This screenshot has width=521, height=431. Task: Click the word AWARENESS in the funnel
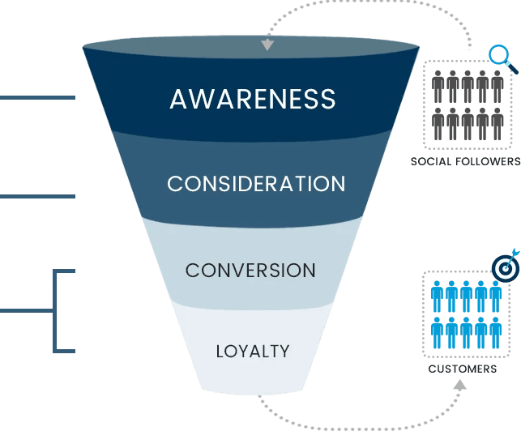252,99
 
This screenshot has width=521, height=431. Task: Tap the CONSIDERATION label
256,184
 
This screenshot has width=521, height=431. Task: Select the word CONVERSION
250,271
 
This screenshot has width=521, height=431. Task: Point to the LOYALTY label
253,352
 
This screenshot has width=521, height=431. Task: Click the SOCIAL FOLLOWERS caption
464,161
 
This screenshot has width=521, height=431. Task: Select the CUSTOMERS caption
463,369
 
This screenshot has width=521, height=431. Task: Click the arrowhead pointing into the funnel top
267,45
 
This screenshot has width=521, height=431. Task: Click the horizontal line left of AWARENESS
37,98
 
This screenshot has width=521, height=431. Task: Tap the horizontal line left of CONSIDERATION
37,196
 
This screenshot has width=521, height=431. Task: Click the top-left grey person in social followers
438,85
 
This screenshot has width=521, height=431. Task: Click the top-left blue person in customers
438,296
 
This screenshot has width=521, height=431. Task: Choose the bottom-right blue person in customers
495,332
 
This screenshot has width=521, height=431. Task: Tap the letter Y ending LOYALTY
284,352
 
